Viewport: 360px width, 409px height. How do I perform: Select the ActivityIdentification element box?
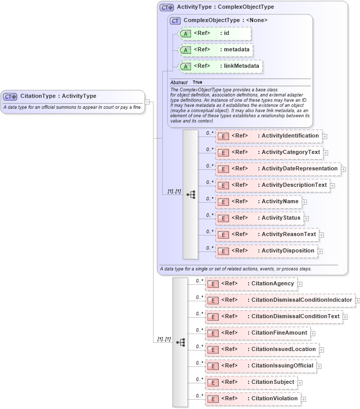pos(269,136)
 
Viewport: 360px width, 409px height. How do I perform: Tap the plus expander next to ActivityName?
pos(305,202)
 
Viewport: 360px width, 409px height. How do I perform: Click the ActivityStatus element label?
pos(281,218)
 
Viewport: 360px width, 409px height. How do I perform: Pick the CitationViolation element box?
pos(252,399)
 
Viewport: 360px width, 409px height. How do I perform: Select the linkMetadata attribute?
pos(219,66)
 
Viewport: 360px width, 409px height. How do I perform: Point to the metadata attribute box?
pos(215,50)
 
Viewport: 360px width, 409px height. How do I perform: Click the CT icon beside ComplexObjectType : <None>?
pos(176,21)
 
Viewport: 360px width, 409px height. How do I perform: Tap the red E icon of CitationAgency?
pos(212,284)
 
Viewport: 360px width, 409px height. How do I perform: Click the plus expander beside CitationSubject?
pos(300,382)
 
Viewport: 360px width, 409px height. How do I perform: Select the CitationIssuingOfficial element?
pos(260,366)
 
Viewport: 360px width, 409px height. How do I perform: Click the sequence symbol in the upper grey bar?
pos(191,194)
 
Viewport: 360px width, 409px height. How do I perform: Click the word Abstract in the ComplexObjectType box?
pos(179,82)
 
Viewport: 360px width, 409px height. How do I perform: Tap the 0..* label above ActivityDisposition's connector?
pos(210,248)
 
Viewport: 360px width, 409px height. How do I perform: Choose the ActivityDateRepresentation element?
pos(277,169)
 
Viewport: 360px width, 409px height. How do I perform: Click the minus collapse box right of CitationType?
pos(147,102)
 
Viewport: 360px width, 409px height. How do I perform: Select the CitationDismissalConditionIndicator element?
pos(280,300)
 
